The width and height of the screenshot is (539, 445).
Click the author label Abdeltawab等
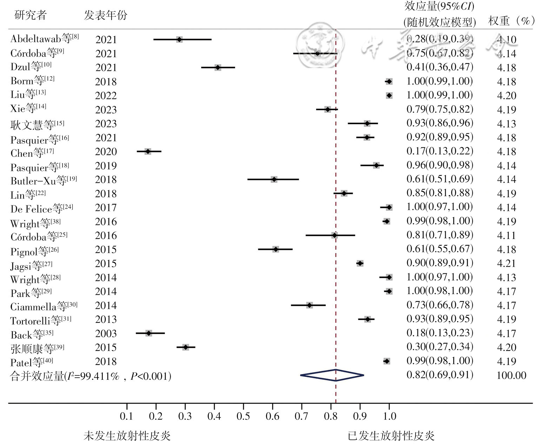41,38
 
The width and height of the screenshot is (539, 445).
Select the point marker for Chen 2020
148,151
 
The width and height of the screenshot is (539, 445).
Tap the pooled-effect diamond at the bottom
332,375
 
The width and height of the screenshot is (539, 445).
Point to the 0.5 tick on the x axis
243,416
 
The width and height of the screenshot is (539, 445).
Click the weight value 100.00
511,375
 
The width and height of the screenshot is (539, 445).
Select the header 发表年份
105,15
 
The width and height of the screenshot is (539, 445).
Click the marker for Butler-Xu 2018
274,179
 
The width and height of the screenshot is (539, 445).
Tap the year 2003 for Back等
106,333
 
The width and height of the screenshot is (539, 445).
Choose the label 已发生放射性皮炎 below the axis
391,436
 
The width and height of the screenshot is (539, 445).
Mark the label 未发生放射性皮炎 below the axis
127,436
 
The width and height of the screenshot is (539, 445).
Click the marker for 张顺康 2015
186,347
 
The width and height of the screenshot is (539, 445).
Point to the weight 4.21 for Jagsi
506,263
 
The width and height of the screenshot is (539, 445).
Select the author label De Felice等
37,209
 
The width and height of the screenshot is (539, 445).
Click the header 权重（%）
511,21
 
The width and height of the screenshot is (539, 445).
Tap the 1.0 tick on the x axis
389,416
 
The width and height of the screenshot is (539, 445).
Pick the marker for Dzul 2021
218,67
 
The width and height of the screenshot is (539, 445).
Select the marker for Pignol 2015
275,249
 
